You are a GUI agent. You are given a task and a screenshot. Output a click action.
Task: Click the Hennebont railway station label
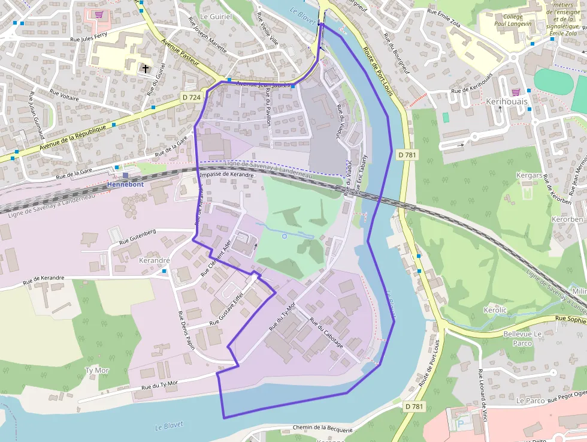point(125,185)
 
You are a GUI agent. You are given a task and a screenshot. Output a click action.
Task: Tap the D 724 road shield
point(191,96)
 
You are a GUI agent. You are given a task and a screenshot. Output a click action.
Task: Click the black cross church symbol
point(145,69)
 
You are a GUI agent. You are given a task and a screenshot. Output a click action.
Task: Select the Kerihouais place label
point(507,101)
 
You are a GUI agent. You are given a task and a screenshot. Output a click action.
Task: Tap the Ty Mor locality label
point(97,370)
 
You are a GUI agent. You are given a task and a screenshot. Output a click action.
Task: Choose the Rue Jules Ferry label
point(92,39)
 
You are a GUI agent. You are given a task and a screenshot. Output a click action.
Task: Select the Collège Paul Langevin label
point(513,20)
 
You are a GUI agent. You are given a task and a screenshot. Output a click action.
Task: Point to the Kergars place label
point(529,175)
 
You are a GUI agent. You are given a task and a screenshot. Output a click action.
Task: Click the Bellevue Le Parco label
point(522,338)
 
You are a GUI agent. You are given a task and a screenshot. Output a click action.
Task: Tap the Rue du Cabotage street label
point(326,332)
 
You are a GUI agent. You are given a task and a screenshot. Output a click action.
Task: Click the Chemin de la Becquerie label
point(323,428)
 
